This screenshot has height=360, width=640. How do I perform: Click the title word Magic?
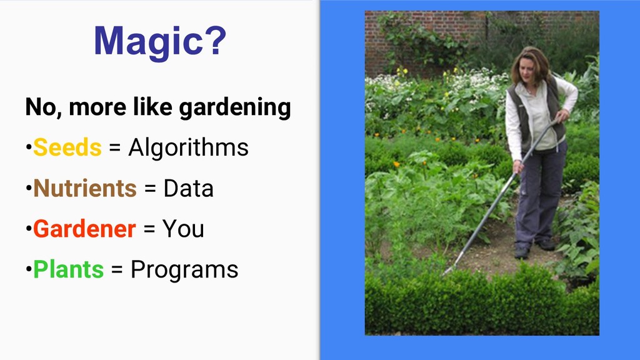(149, 41)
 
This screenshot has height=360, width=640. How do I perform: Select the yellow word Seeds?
(67, 147)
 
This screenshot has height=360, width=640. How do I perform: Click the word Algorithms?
(188, 147)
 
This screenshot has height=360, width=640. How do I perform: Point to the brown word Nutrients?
(85, 188)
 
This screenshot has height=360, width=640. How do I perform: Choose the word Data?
(189, 189)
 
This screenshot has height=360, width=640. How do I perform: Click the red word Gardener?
(84, 229)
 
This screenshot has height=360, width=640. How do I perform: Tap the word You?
(183, 229)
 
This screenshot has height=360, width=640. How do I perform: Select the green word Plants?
(69, 269)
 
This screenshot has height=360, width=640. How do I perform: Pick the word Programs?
(184, 270)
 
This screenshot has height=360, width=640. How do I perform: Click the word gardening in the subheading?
(235, 107)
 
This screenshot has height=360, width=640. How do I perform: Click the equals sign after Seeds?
(115, 147)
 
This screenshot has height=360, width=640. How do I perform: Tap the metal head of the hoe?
(449, 270)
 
